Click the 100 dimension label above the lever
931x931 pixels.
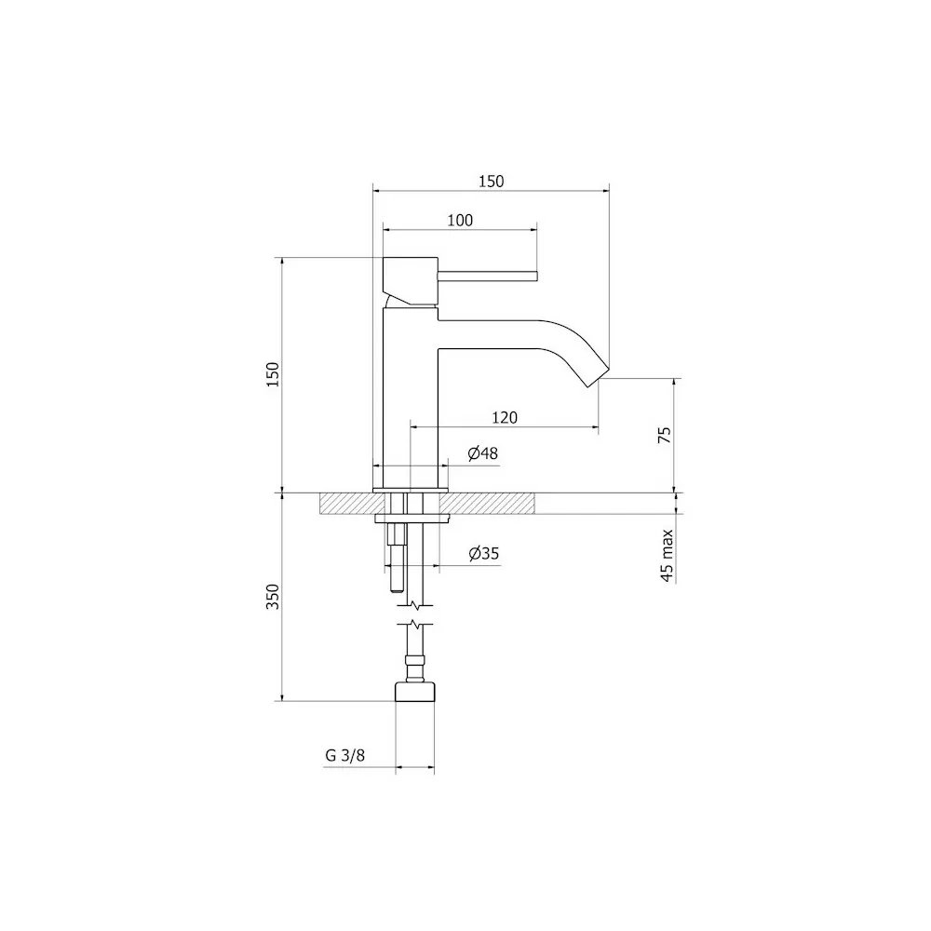460,221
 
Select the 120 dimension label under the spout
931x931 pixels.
505,417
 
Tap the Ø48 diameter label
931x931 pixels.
482,453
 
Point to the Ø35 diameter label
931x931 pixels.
484,554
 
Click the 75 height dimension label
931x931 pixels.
665,435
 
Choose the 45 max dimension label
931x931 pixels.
667,556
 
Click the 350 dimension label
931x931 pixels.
273,597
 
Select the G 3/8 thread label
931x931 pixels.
345,755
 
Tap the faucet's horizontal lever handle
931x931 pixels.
488,277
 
